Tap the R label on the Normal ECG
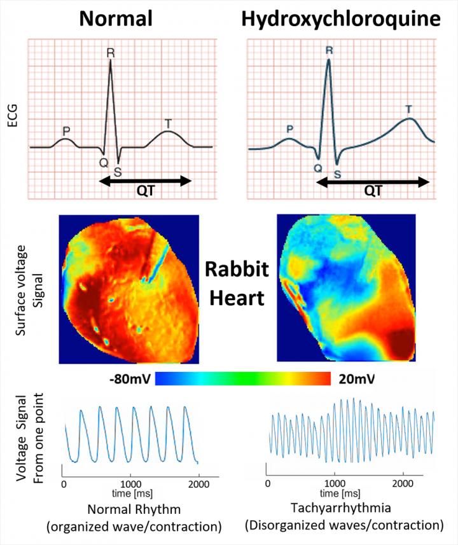tap(111, 53)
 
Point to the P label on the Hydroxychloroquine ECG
tap(290, 128)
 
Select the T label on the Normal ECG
tap(168, 123)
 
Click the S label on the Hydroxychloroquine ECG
tap(337, 173)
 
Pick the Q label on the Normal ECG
tap(102, 162)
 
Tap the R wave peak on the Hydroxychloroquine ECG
tap(328, 60)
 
